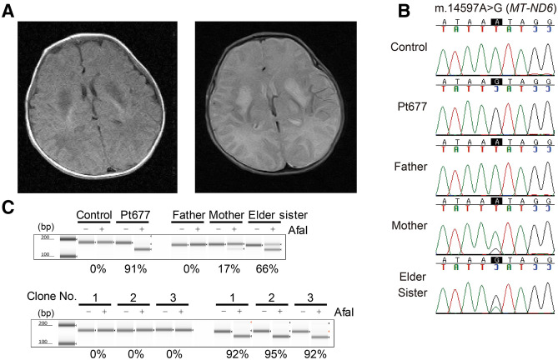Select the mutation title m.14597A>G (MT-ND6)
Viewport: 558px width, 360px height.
click(x=494, y=9)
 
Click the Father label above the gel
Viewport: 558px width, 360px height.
click(x=183, y=215)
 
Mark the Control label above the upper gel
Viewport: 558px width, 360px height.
click(x=93, y=215)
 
